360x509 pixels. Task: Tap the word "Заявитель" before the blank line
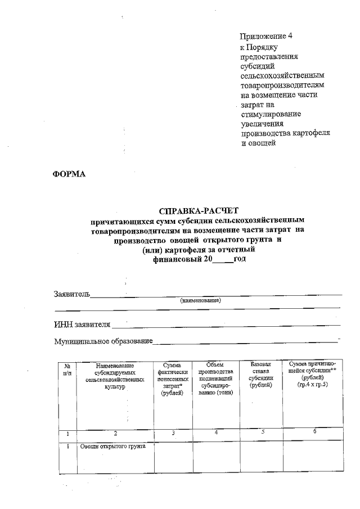71,294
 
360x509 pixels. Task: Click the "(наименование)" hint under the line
201,301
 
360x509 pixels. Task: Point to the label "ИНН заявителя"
82,324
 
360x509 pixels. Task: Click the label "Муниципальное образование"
103,341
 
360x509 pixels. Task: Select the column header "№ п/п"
67,370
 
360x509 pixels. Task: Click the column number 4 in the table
215,432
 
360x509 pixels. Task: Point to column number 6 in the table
314,431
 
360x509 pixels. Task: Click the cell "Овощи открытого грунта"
112,447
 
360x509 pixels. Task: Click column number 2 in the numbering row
115,433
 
